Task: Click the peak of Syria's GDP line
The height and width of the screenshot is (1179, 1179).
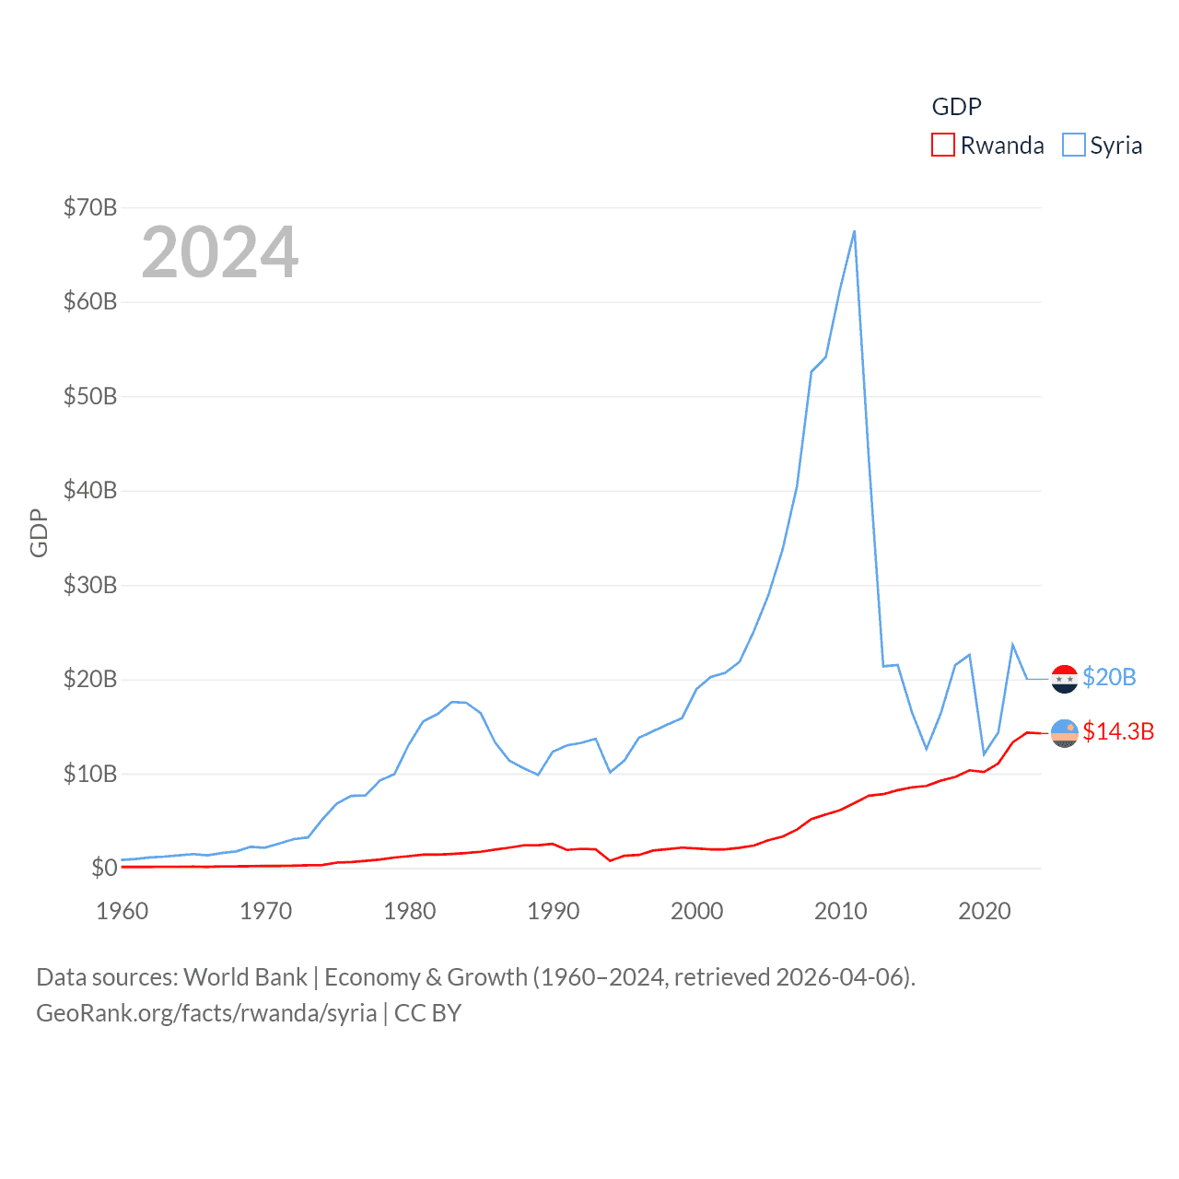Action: pyautogui.click(x=854, y=231)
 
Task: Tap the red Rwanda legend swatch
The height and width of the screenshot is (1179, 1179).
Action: pyautogui.click(x=943, y=146)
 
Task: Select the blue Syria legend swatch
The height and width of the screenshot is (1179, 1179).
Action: pyautogui.click(x=1074, y=146)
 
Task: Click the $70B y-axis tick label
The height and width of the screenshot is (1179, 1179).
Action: pyautogui.click(x=90, y=207)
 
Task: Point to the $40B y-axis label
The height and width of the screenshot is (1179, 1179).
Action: pyautogui.click(x=90, y=490)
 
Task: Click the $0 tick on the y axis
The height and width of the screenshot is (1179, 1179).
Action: pyautogui.click(x=104, y=868)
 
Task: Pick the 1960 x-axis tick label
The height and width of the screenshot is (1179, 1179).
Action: pyautogui.click(x=123, y=911)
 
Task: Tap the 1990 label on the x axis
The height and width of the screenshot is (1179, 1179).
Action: pyautogui.click(x=554, y=911)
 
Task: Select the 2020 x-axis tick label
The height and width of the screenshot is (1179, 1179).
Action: pyautogui.click(x=985, y=911)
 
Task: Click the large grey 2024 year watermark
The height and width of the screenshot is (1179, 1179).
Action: pyautogui.click(x=220, y=252)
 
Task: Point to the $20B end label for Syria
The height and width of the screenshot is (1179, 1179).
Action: pyautogui.click(x=1109, y=677)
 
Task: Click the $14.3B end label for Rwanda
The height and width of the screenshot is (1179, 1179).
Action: pyautogui.click(x=1118, y=731)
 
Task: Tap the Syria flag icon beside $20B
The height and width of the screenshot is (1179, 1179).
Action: pyautogui.click(x=1065, y=679)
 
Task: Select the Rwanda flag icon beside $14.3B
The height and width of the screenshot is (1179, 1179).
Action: pyautogui.click(x=1065, y=733)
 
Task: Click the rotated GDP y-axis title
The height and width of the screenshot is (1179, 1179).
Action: pyautogui.click(x=39, y=532)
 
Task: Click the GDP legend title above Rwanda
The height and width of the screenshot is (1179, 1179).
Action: pyautogui.click(x=957, y=107)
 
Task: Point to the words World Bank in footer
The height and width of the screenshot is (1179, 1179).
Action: pyautogui.click(x=245, y=977)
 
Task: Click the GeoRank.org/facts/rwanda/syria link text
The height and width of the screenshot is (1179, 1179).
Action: pyautogui.click(x=206, y=1013)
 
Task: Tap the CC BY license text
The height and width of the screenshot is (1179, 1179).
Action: pyautogui.click(x=427, y=1013)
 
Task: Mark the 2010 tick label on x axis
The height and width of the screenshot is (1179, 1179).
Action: pyautogui.click(x=841, y=911)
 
